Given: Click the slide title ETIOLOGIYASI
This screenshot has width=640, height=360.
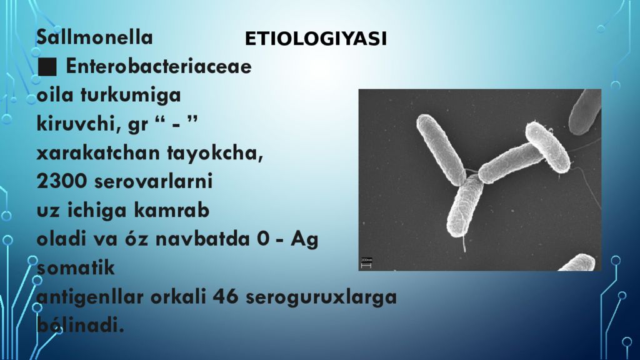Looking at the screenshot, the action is (316, 39).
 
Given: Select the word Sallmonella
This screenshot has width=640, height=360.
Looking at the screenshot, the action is (95, 37).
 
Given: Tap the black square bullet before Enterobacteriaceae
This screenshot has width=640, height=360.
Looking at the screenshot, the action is (47, 66).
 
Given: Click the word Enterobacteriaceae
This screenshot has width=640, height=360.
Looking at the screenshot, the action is (158, 66).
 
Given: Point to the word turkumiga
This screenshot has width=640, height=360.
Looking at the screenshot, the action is (131, 96).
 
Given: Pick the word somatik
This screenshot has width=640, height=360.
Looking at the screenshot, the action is (76, 268).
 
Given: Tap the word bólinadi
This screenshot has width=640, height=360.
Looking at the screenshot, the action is (81, 326).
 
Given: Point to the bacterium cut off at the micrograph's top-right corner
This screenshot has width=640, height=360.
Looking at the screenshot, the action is (585, 111).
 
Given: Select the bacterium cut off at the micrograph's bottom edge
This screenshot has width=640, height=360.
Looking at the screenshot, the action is (577, 263).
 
